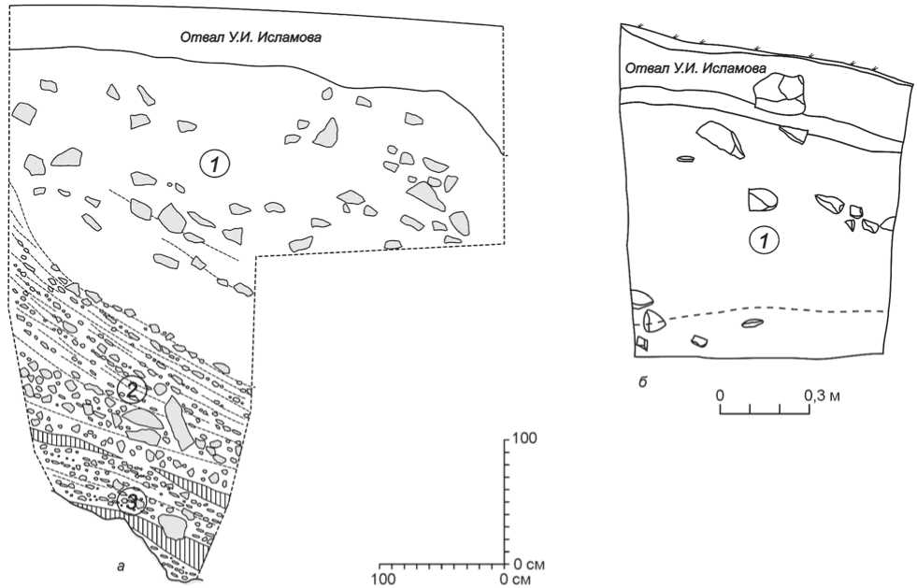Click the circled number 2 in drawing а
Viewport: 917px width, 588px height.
[132, 392]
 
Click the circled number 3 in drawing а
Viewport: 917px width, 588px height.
[136, 504]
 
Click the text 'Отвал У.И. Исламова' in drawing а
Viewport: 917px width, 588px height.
[257, 37]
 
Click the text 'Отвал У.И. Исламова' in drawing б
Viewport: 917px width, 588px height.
[695, 68]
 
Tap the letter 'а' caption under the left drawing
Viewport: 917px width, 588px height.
[115, 565]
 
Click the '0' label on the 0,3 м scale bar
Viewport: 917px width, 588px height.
[721, 395]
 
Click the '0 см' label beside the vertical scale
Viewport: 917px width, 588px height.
[529, 566]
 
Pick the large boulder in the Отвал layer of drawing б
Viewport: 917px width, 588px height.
[781, 89]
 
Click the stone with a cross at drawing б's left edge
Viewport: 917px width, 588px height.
[652, 320]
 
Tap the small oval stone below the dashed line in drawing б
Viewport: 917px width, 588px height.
[752, 324]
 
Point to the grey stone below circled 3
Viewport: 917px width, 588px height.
[174, 526]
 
